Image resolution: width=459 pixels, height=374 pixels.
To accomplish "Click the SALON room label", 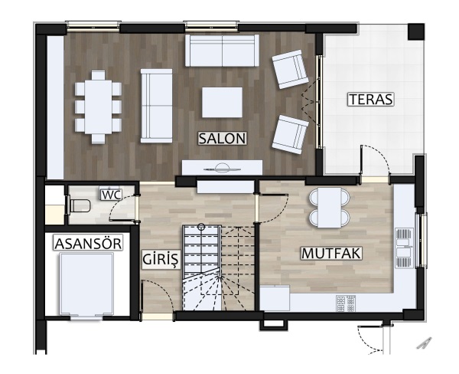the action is click(222, 138).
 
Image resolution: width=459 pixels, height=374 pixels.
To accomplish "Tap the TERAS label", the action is click(371, 99).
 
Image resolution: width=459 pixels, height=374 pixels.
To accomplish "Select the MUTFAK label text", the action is click(331, 254).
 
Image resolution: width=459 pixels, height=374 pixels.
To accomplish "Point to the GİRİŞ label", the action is click(160, 259).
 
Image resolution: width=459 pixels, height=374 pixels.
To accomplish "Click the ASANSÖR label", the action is click(88, 244).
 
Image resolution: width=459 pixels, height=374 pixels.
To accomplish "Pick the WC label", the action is click(111, 195).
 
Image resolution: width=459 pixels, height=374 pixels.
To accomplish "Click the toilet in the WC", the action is click(79, 205).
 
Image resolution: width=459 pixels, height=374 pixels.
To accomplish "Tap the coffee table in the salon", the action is click(222, 103).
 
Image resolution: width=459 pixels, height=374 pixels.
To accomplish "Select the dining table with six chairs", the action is click(98, 107).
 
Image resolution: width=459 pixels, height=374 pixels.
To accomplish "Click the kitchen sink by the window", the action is click(404, 248).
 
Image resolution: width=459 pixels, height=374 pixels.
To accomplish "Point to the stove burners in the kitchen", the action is click(346, 303).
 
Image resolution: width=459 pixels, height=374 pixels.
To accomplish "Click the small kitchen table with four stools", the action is click(330, 208).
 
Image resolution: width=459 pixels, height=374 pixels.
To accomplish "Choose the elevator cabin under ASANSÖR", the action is click(86, 284).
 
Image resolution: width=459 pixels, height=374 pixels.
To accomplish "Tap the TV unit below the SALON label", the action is click(222, 168).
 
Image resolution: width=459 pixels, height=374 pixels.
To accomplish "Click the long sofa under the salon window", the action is click(222, 51).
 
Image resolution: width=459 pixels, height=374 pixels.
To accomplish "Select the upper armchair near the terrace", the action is click(290, 69).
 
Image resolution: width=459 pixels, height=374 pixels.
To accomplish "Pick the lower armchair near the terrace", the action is click(290, 134).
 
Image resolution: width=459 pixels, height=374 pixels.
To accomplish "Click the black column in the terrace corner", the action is click(416, 31).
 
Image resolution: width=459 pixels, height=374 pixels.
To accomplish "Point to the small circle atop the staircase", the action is click(201, 226).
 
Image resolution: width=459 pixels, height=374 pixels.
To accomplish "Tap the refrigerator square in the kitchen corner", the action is click(275, 297).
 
